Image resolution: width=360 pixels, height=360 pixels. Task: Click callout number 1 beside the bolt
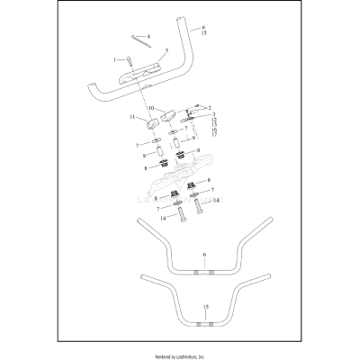pos(114,60)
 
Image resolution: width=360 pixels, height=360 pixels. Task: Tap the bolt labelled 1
pos(129,61)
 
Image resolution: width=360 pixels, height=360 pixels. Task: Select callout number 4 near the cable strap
pos(148,36)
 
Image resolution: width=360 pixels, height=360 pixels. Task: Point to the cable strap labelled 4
pos(141,41)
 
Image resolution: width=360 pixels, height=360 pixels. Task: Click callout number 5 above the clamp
pos(167,50)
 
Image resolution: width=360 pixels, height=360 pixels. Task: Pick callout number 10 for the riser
pos(150,108)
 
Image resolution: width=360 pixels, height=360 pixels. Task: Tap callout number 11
pos(132,117)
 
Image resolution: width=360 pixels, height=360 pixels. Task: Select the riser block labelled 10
pos(169,116)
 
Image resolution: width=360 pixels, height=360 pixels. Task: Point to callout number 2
pos(210,107)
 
